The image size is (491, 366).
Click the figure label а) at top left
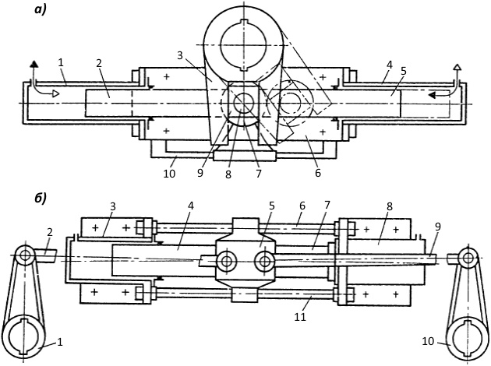point(40,10)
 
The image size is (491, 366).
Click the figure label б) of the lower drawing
point(40,199)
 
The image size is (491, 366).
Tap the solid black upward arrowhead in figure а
point(34,64)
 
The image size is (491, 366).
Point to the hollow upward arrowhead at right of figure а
point(457,67)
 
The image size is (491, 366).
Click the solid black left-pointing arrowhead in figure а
point(433,95)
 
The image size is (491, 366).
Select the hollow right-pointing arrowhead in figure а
point(55,93)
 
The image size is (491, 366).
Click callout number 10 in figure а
point(169,174)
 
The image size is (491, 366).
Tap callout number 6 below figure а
point(318,172)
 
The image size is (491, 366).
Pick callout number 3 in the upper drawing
point(180,55)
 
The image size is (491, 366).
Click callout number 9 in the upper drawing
point(200,173)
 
